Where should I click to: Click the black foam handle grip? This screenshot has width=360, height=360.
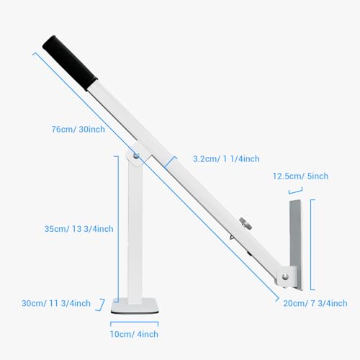click(x=70, y=63)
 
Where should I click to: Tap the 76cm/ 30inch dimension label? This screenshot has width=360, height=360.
click(x=78, y=130)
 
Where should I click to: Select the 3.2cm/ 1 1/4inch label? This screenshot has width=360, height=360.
click(x=226, y=159)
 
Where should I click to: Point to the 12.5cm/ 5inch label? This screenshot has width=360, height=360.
click(x=300, y=176)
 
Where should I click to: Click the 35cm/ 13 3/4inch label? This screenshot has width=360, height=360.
click(x=78, y=229)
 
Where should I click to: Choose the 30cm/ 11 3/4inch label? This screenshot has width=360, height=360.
click(x=56, y=303)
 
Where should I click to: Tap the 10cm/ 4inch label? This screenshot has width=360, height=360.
click(x=134, y=334)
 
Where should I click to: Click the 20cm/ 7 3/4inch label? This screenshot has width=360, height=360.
click(x=315, y=303)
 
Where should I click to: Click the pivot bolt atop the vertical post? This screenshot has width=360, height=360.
click(x=136, y=156)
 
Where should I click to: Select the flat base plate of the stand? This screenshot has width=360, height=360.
click(x=135, y=305)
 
